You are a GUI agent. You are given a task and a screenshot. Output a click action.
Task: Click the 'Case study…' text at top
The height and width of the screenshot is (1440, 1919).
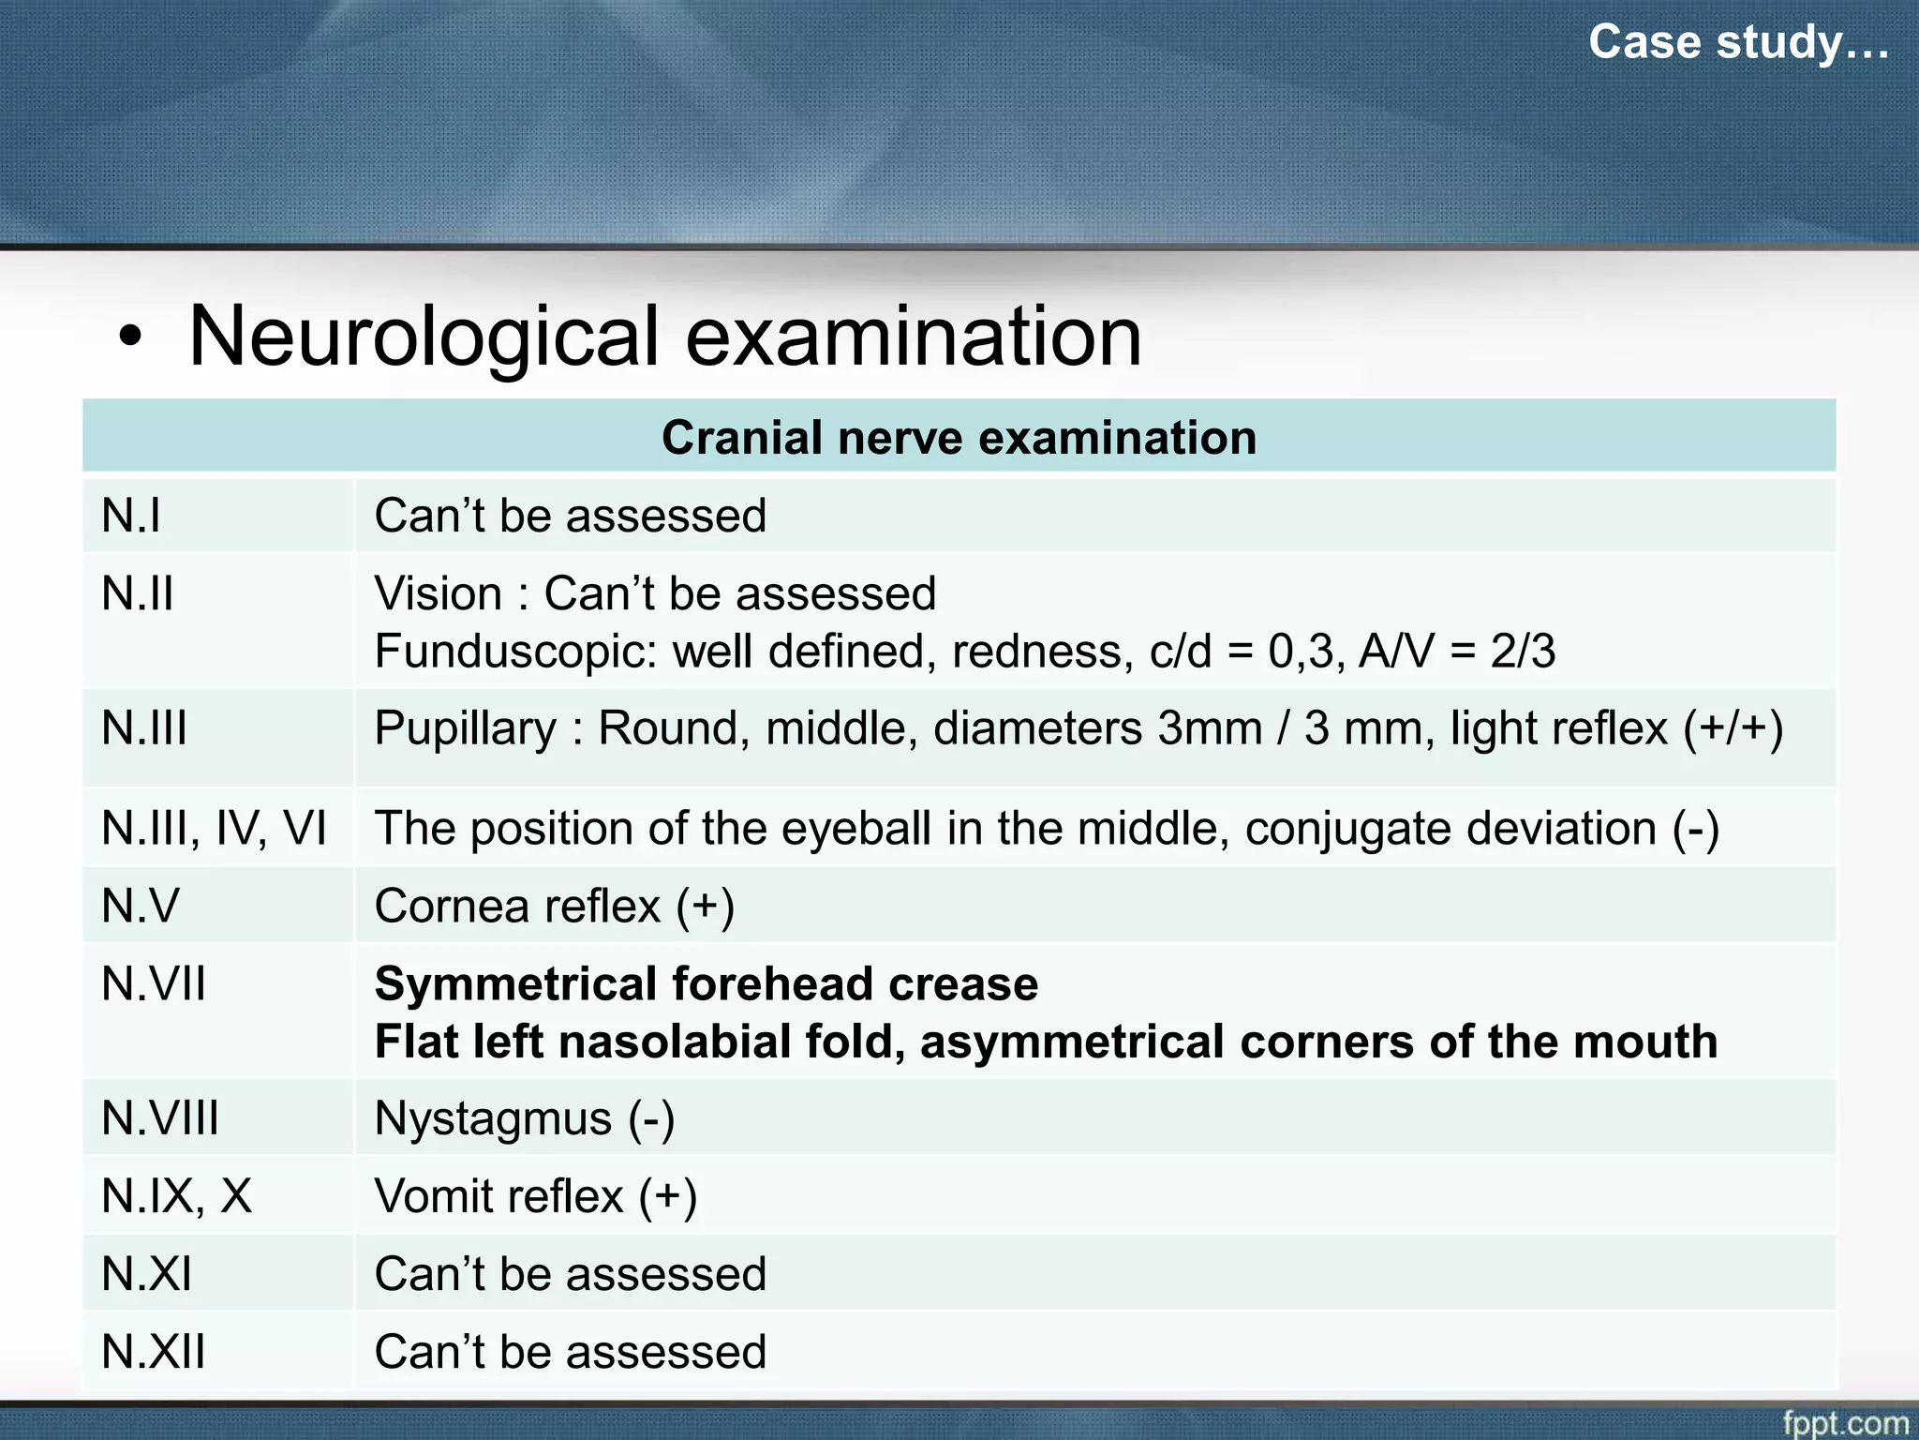pyautogui.click(x=1738, y=42)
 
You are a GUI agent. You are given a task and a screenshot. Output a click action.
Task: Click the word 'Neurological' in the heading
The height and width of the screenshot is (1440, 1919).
pyautogui.click(x=424, y=337)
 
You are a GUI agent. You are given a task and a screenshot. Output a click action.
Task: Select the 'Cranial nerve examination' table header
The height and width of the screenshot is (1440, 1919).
pyautogui.click(x=959, y=438)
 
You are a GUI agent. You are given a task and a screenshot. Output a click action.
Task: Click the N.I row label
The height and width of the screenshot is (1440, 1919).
pyautogui.click(x=131, y=516)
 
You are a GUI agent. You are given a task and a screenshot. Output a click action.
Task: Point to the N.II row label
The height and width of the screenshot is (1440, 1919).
pyautogui.click(x=138, y=593)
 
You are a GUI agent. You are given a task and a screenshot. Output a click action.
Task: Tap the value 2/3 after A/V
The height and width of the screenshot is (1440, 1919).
pyautogui.click(x=1523, y=651)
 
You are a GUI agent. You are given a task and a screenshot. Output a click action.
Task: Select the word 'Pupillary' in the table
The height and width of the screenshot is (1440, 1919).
pyautogui.click(x=466, y=728)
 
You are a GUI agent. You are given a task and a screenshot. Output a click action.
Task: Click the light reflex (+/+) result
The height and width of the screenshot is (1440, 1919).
pyautogui.click(x=1616, y=728)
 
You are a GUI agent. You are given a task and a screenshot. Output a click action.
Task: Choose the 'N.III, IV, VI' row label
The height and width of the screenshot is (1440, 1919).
pyautogui.click(x=214, y=829)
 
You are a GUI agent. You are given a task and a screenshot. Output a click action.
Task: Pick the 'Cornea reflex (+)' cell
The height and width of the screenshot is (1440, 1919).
pyautogui.click(x=554, y=907)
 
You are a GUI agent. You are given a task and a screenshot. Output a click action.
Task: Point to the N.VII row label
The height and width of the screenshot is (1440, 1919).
pyautogui.click(x=154, y=984)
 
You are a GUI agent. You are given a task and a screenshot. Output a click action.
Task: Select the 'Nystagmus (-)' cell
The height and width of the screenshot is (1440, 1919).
pyautogui.click(x=524, y=1119)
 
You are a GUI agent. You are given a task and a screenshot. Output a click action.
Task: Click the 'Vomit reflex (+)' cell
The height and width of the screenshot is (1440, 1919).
pyautogui.click(x=535, y=1197)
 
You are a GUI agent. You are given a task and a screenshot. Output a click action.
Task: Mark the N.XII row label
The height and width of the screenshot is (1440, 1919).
pyautogui.click(x=154, y=1352)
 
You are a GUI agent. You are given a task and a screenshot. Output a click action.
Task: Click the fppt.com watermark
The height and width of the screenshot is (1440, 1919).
pyautogui.click(x=1845, y=1421)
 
